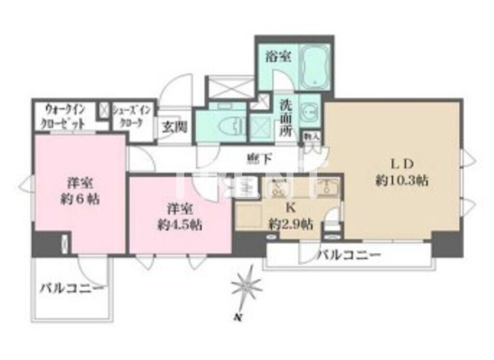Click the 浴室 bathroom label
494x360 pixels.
pos(278,57)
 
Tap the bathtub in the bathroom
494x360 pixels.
pos(314,67)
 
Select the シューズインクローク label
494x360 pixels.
pos(132,116)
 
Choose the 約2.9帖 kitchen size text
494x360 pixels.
pos(290,224)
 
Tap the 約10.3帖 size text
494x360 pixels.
pos(402,180)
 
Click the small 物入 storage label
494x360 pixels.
pos(311,137)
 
